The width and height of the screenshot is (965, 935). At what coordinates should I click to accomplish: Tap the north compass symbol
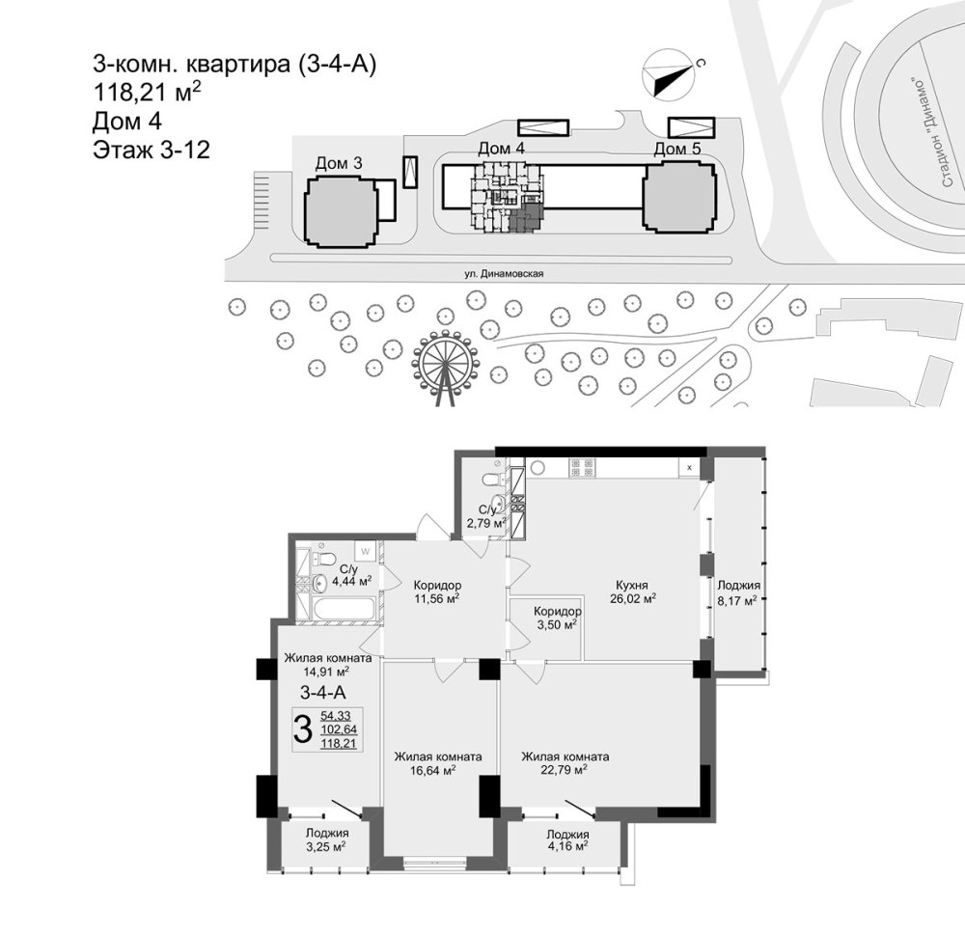point(669,74)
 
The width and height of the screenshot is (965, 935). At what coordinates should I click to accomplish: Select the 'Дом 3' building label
point(339,163)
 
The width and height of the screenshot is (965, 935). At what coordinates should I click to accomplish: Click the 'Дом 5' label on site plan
point(677,149)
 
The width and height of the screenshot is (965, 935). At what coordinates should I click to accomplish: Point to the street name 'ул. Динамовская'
point(504,274)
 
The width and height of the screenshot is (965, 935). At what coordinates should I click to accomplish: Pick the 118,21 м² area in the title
point(147,93)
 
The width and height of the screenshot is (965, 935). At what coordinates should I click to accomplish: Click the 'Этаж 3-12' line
point(152,150)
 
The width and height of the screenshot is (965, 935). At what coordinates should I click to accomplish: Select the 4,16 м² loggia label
point(565,846)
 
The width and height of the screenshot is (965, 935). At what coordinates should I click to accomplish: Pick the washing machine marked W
point(365,551)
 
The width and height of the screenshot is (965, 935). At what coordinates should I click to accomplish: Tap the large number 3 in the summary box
point(303,730)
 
